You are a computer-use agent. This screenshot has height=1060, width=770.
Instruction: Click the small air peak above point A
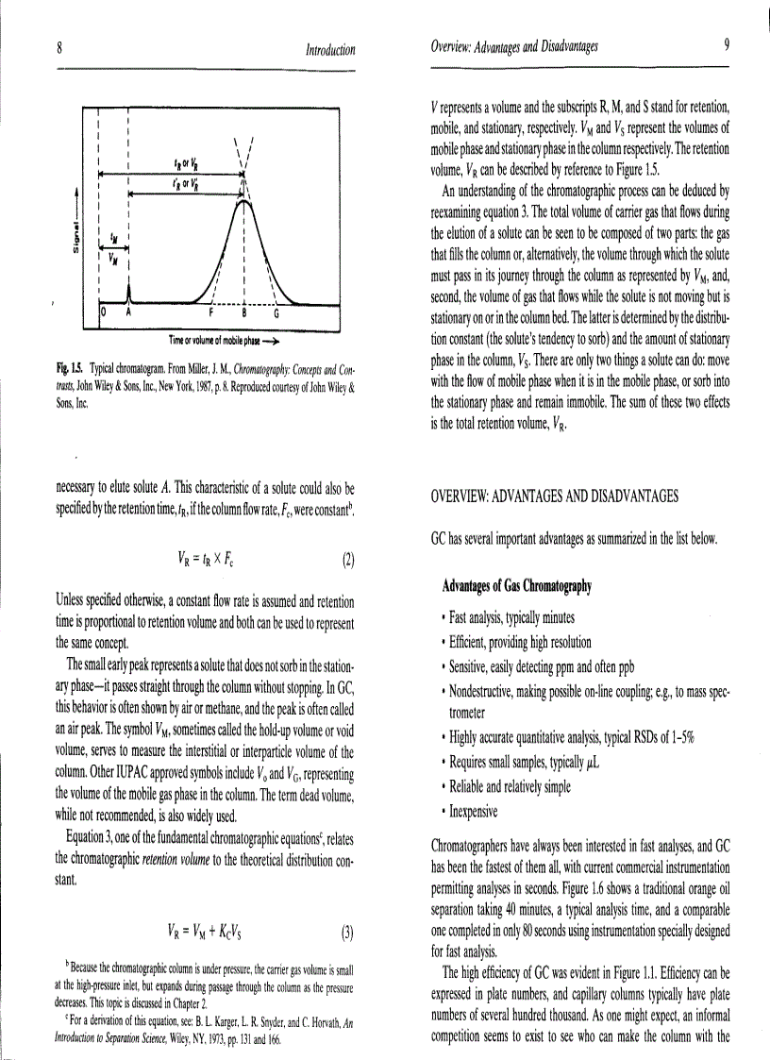pyautogui.click(x=129, y=293)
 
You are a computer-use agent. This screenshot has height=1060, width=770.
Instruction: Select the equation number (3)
pyautogui.click(x=348, y=934)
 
